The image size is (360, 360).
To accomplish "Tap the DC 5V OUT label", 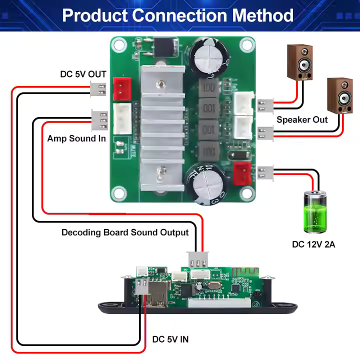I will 83,74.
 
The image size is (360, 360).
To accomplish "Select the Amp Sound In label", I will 76,138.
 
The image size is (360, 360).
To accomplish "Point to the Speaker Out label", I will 302,120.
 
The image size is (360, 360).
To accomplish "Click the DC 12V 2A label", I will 313,244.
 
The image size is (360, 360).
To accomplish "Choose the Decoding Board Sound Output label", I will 125,232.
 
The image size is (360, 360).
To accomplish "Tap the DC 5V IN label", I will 170,340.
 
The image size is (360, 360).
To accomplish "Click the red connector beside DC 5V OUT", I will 121,89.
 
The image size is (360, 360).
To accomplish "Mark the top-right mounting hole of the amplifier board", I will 245,45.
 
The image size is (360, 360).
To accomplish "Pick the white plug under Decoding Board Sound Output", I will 198,260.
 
